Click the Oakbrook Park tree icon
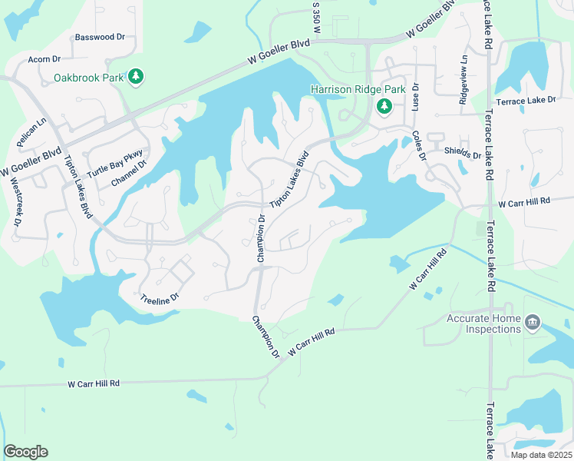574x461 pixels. (136, 76)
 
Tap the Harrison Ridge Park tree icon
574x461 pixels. (384, 107)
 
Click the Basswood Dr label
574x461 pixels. (100, 37)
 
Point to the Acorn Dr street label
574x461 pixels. (44, 59)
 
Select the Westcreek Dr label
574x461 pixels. (17, 201)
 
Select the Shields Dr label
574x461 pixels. (462, 155)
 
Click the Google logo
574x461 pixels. (25, 452)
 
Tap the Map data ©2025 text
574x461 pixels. (539, 455)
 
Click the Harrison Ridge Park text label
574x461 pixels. (358, 90)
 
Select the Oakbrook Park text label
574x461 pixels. (89, 78)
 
